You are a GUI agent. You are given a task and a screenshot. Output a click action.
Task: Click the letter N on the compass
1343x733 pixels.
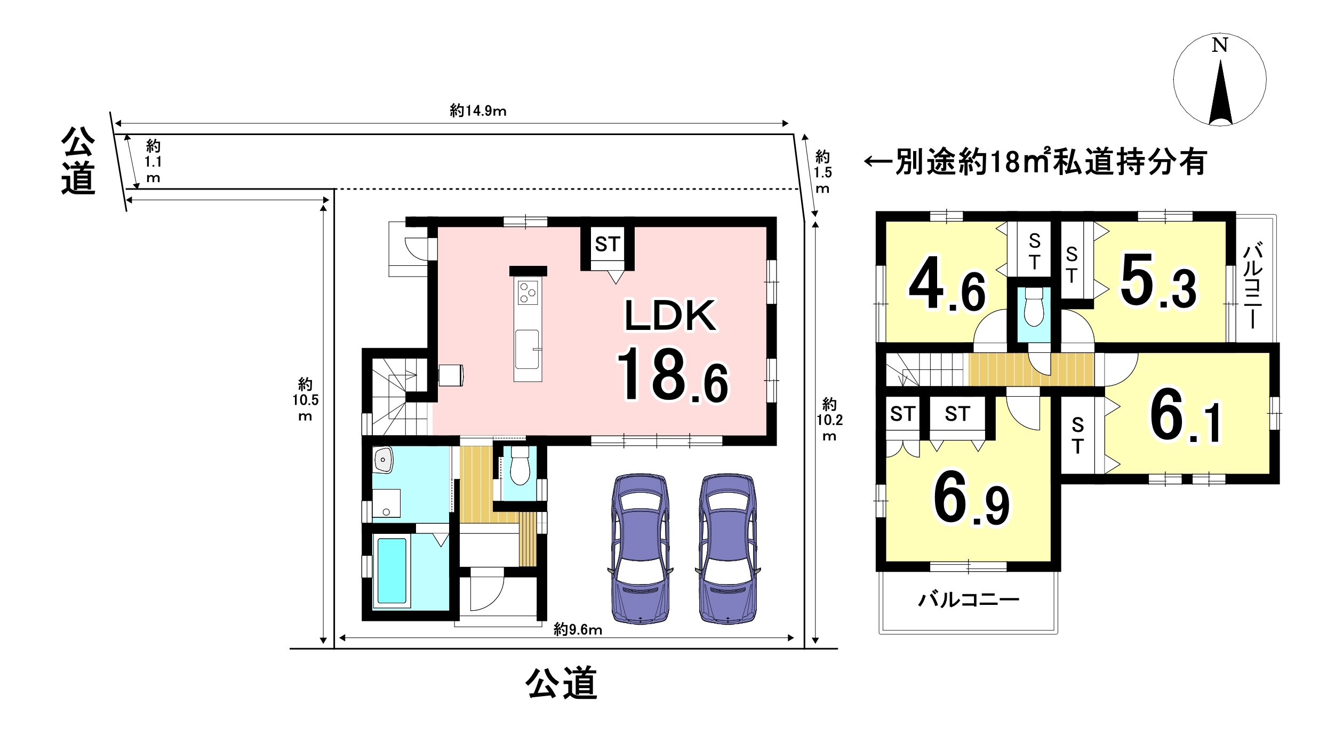(1219, 45)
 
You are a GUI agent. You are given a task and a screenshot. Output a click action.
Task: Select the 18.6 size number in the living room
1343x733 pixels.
(673, 375)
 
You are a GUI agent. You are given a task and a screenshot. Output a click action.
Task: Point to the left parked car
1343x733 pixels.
(640, 548)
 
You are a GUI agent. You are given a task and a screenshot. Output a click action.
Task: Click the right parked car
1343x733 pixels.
(728, 548)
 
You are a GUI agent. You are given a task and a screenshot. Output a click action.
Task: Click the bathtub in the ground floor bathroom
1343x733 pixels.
(392, 571)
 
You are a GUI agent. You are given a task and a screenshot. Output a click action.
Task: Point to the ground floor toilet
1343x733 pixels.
(519, 465)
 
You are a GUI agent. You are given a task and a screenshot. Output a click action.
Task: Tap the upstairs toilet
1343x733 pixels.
(1034, 306)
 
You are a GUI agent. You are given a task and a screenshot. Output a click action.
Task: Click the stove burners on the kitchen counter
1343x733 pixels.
(528, 293)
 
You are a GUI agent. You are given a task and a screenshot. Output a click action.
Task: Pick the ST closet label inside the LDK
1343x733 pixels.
(607, 244)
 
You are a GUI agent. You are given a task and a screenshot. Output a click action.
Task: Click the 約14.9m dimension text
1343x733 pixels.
(478, 111)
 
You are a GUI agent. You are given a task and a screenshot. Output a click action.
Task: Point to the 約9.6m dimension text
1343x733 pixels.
(578, 630)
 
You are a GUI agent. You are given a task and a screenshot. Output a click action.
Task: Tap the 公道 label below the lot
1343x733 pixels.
(561, 683)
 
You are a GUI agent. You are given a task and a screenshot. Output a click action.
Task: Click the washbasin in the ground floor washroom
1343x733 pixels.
(383, 460)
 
